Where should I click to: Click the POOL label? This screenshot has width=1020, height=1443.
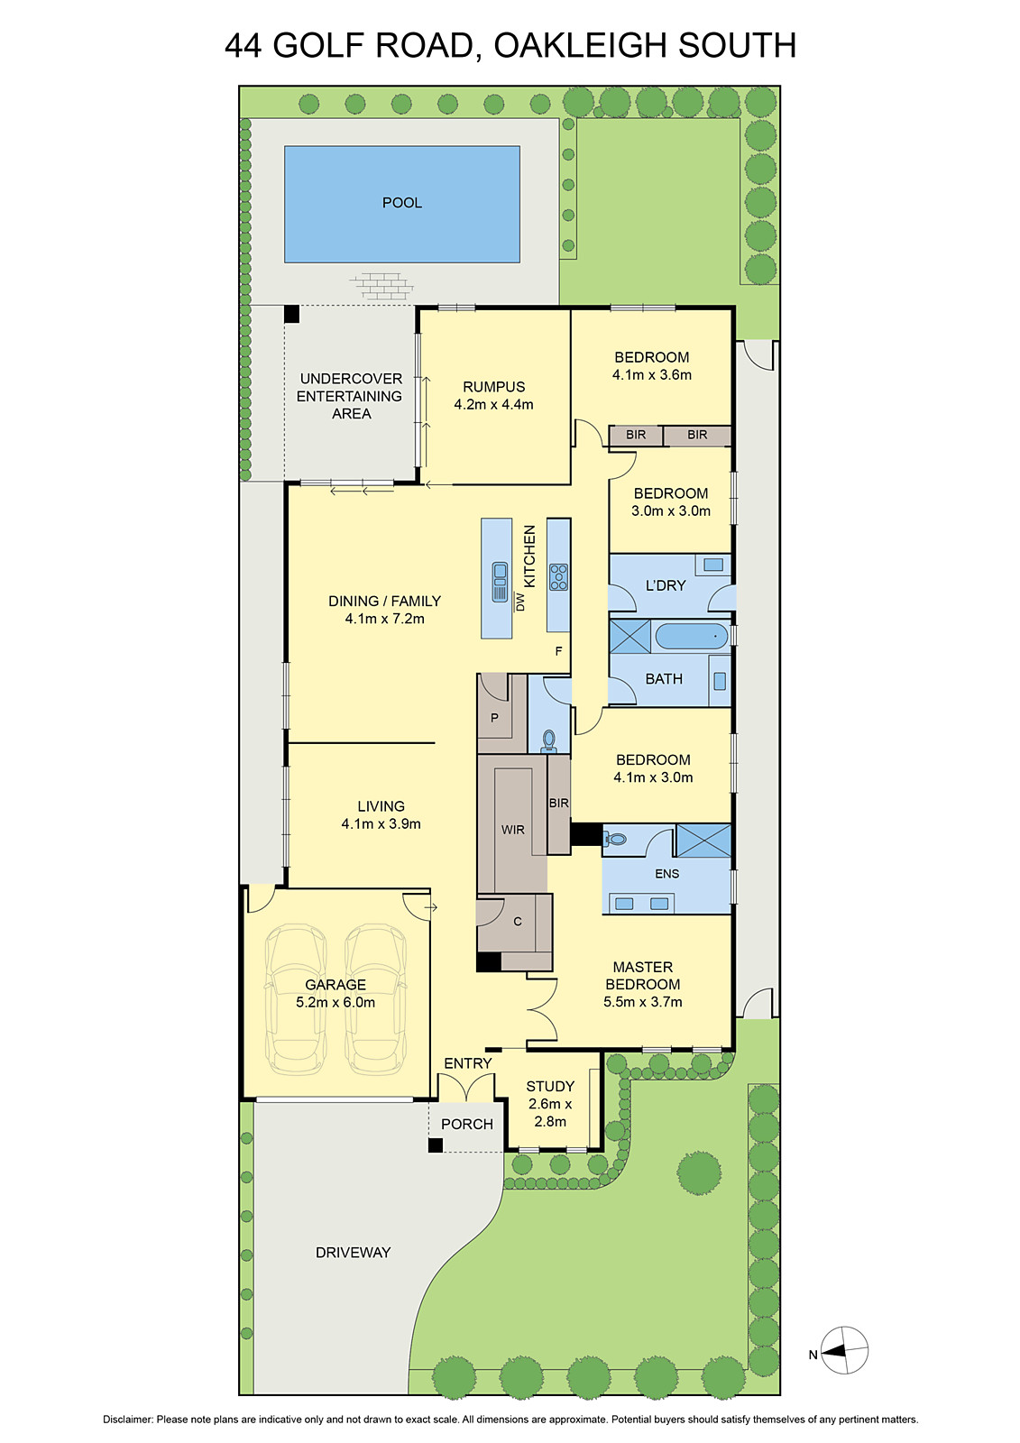402,203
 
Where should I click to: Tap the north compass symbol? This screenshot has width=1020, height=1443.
844,1351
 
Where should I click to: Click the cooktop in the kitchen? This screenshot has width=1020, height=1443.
558,577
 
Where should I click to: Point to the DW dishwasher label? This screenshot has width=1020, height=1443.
519,602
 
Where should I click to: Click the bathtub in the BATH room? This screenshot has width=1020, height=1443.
691,636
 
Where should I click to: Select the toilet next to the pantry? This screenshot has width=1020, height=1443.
548,741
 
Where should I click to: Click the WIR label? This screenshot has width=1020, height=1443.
512,830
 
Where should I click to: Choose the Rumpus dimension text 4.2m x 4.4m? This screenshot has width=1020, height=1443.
493,405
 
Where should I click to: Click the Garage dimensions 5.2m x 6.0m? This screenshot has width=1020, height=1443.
335,1002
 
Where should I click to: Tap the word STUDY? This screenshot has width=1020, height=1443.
550,1086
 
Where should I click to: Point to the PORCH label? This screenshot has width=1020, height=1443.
467,1124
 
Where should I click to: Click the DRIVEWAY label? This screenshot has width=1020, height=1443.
353,1252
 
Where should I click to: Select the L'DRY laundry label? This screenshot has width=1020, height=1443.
666,585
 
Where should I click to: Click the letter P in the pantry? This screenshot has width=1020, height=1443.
494,719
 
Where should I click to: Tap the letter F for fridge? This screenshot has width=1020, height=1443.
558,651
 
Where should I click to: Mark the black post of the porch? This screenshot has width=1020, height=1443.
436,1145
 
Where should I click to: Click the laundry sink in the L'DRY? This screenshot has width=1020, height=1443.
713,565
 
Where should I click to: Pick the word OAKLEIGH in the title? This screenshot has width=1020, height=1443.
581,45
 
